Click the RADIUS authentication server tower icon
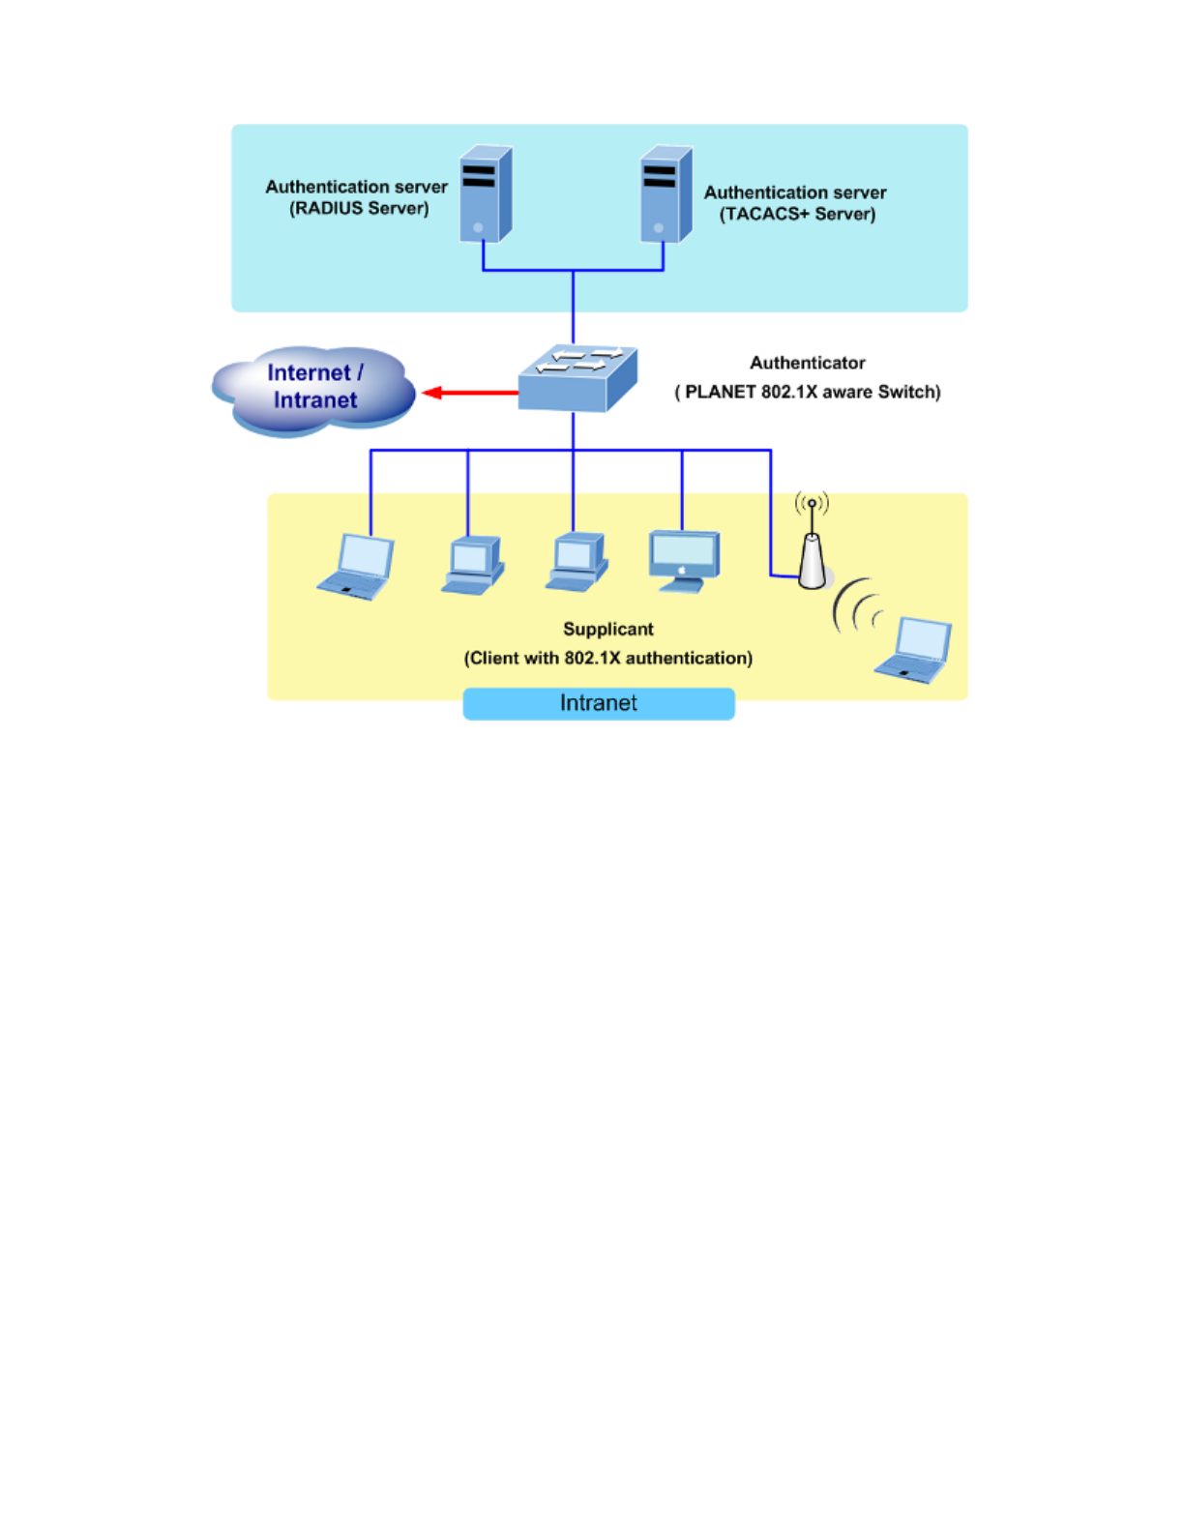tap(486, 193)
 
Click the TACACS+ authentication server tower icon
tap(666, 193)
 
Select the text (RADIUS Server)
tap(359, 209)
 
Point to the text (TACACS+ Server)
tap(798, 215)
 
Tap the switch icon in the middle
tap(577, 378)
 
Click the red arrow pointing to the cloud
tap(470, 393)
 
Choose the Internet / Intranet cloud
tap(314, 391)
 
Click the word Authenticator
tap(808, 363)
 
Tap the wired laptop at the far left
tap(355, 567)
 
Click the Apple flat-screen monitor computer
tap(684, 562)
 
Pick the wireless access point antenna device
tap(813, 542)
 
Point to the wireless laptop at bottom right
tap(913, 650)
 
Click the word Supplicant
tap(608, 629)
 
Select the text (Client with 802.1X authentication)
tap(608, 659)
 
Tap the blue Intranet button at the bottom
tap(599, 703)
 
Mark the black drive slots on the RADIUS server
tap(479, 176)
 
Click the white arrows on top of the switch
tap(579, 360)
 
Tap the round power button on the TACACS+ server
tap(659, 227)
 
